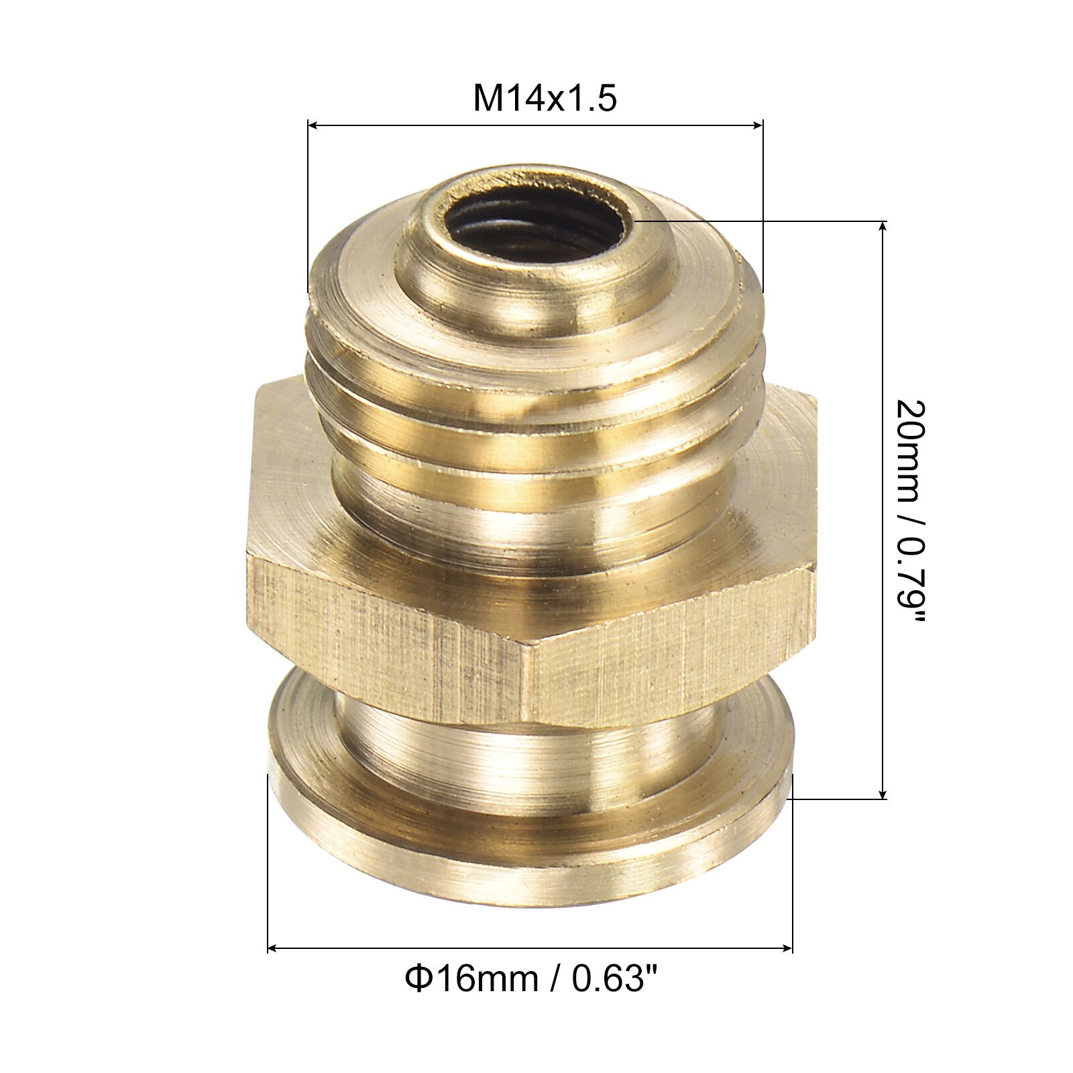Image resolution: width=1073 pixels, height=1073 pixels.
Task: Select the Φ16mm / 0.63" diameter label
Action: [530, 980]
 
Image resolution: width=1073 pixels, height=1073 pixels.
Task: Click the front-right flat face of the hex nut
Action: [671, 644]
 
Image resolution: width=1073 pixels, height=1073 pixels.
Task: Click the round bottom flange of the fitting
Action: [530, 845]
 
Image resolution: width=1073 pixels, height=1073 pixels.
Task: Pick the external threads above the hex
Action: [530, 402]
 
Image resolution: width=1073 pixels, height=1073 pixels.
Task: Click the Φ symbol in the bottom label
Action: [415, 980]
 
